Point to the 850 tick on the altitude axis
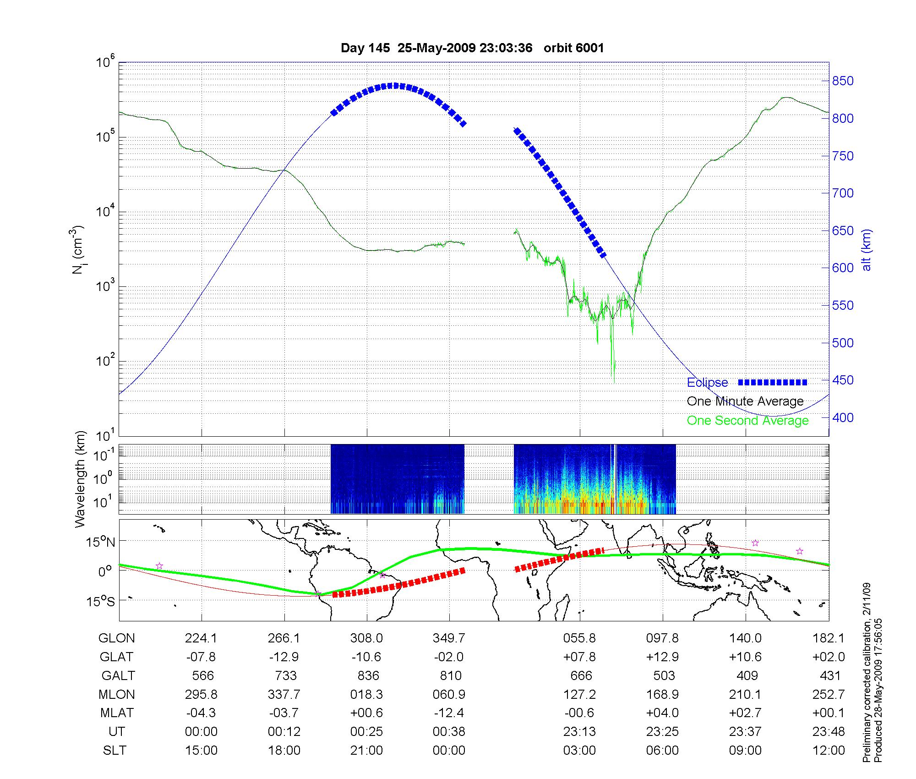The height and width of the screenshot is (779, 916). tap(843, 81)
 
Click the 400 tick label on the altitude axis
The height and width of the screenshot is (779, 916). tap(843, 417)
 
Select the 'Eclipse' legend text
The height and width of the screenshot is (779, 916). tap(707, 383)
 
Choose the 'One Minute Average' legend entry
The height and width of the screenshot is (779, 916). tap(745, 401)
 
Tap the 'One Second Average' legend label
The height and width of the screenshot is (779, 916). tap(747, 421)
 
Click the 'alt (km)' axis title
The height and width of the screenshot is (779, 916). tap(867, 250)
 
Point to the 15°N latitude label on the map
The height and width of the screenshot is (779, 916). tap(100, 543)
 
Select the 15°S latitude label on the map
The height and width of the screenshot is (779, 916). tap(100, 601)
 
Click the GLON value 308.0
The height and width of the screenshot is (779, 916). tap(366, 638)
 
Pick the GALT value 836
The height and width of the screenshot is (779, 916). tap(368, 675)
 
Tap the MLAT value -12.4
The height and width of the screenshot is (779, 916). tap(449, 713)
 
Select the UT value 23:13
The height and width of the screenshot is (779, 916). tap(579, 732)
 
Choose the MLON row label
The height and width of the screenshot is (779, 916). tap(117, 694)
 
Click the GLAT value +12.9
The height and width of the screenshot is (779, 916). tap(662, 657)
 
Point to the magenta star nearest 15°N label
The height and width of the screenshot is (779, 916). tap(159, 566)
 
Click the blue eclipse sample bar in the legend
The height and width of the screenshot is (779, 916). tap(773, 382)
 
